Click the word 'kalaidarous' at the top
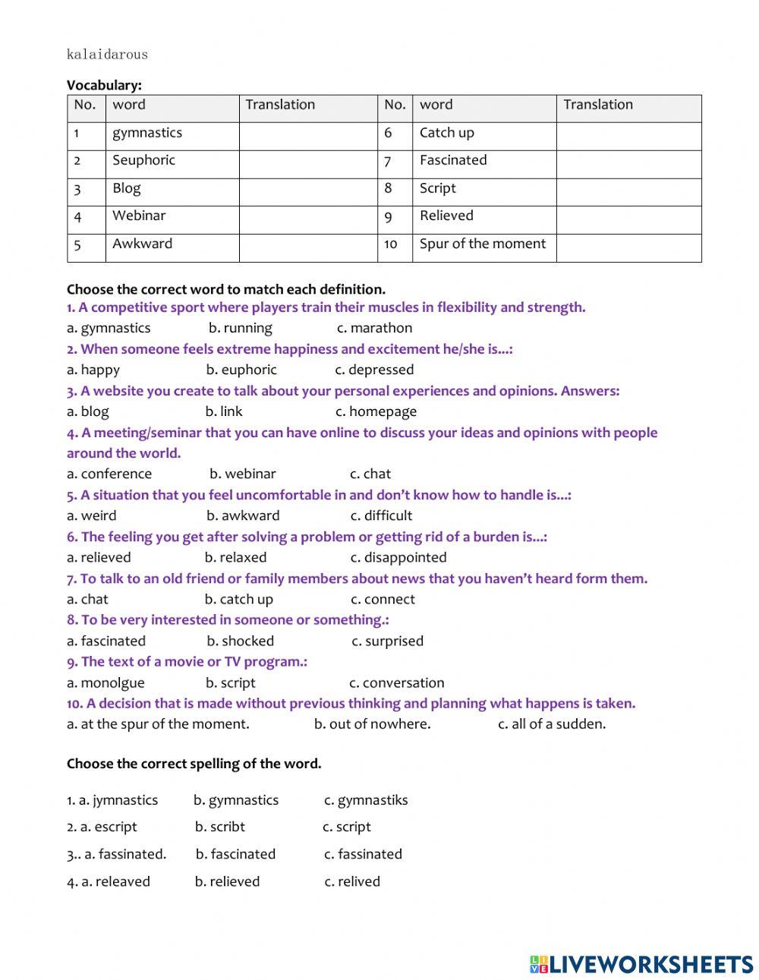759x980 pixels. (107, 54)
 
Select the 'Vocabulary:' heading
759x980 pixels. (104, 85)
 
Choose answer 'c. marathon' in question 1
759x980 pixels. (374, 328)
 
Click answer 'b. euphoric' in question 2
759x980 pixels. (241, 370)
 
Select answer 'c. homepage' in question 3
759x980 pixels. (376, 411)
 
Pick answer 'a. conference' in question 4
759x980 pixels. (109, 474)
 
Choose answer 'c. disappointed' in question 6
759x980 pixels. (398, 557)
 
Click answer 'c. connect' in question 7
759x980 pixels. (383, 599)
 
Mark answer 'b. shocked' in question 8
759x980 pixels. (240, 641)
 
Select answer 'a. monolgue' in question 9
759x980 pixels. (106, 682)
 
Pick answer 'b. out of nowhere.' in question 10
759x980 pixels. (372, 724)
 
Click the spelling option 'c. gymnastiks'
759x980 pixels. (366, 800)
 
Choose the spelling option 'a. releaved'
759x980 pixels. (109, 881)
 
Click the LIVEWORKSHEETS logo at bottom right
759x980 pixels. (641, 964)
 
